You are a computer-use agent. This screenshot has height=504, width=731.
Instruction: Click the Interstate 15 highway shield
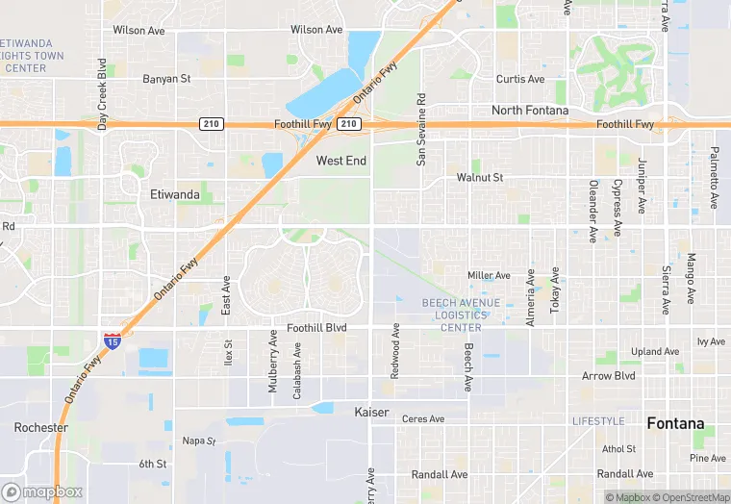[x=113, y=340]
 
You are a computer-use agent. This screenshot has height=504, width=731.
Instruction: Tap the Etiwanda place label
[x=175, y=194]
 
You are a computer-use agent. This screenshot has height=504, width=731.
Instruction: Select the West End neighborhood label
[x=341, y=161]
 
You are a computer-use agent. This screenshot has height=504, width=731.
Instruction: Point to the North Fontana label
[x=530, y=111]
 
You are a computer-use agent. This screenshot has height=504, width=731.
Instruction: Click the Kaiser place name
[x=371, y=413]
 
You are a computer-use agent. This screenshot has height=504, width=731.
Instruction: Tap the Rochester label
[x=41, y=427]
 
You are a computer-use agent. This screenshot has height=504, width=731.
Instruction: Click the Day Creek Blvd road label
[x=102, y=93]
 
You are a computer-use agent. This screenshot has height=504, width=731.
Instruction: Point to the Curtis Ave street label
[x=520, y=79]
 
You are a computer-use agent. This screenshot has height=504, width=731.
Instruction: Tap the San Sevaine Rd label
[x=420, y=130]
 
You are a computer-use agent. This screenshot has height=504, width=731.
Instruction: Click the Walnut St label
[x=480, y=178]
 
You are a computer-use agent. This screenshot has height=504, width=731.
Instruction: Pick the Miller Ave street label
[x=489, y=276]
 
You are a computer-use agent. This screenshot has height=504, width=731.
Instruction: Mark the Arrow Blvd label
[x=609, y=376]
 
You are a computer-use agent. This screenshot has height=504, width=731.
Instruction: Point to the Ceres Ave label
[x=423, y=419]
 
